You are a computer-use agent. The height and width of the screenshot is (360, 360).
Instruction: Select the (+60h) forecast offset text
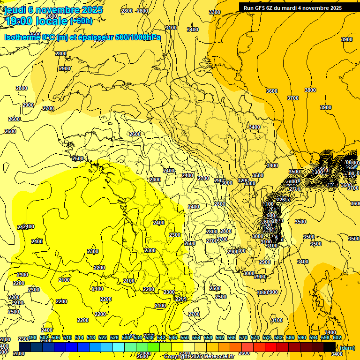[x=81, y=21]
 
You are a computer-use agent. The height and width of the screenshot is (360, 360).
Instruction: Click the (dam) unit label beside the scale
[x=347, y=348]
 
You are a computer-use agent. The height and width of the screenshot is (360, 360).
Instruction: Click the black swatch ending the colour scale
[x=330, y=346]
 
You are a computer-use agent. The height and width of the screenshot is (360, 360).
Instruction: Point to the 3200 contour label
[x=243, y=180]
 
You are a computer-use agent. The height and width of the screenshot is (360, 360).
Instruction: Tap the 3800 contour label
[x=310, y=90]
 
